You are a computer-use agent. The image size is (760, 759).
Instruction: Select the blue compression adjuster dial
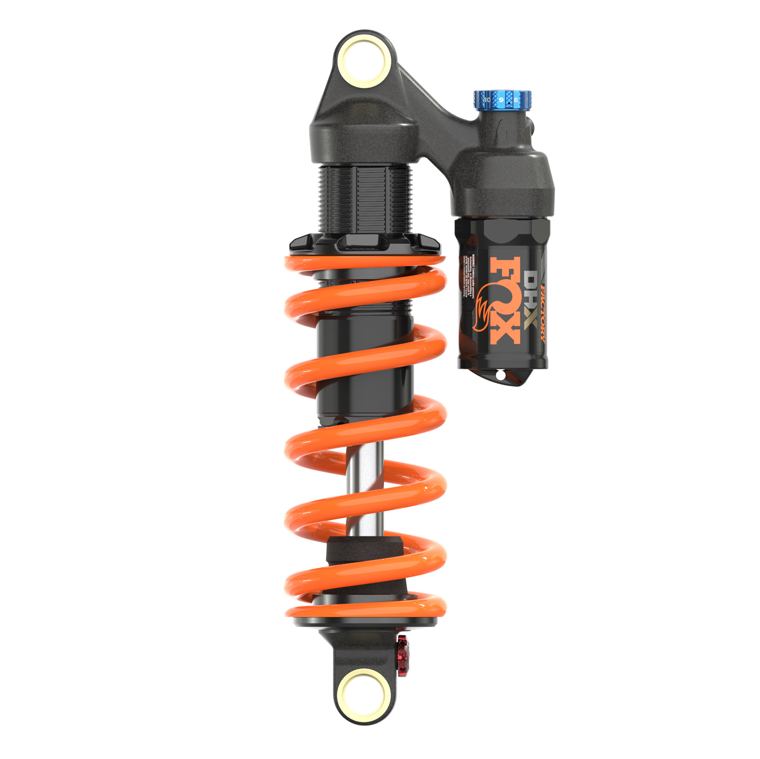point(503,100)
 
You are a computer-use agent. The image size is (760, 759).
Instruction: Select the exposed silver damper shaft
point(364,488)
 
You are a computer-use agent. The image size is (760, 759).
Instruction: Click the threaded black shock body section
point(364,198)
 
